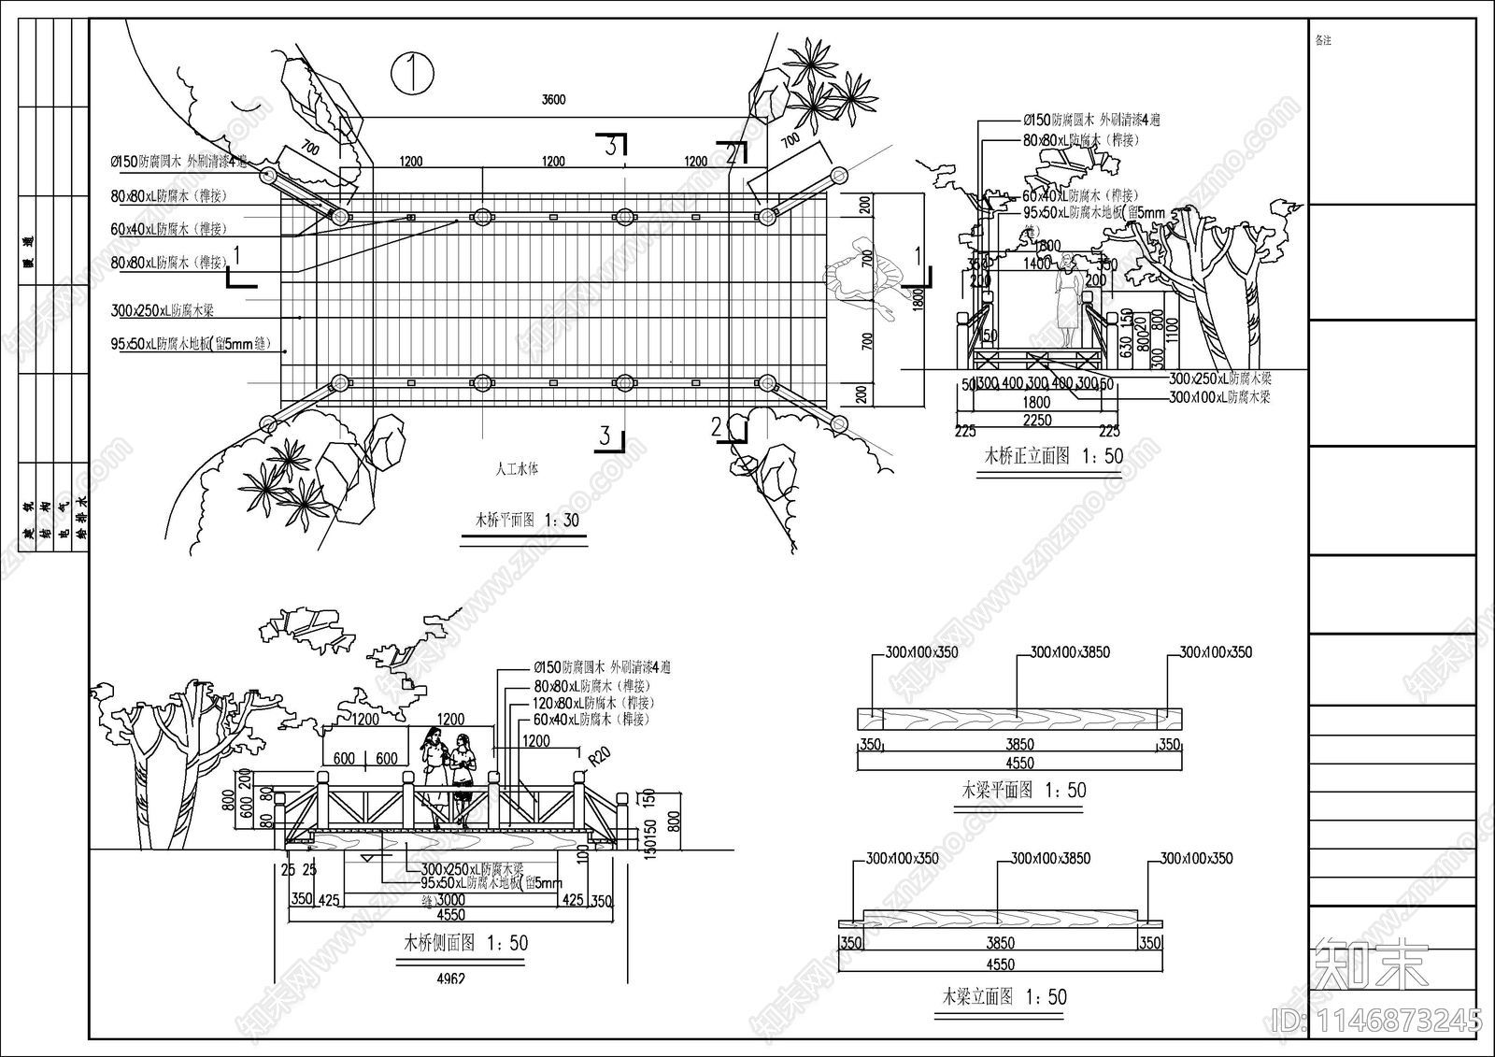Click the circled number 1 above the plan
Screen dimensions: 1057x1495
click(x=412, y=73)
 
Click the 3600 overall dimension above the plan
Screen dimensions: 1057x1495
click(x=553, y=100)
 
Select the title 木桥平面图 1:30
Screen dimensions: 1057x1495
click(x=527, y=521)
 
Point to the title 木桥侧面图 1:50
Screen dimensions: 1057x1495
click(x=465, y=943)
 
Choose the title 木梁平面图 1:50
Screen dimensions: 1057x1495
click(x=1024, y=791)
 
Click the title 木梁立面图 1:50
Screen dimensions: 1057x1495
click(x=1004, y=997)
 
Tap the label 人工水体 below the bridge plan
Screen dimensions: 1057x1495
click(x=517, y=469)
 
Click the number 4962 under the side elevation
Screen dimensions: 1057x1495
click(x=450, y=979)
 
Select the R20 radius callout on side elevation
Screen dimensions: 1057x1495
click(x=598, y=754)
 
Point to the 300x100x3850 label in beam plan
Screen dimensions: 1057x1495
click(x=1070, y=652)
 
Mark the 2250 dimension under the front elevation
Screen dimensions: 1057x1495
click(x=1036, y=421)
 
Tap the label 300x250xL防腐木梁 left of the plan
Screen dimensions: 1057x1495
click(x=163, y=311)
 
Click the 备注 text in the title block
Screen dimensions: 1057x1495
click(x=1322, y=41)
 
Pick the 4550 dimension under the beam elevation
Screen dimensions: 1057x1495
click(x=1000, y=964)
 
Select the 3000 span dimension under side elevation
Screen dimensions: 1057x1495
click(x=450, y=900)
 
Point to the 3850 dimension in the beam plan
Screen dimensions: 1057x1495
click(x=1019, y=744)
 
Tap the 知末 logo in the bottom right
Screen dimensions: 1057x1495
click(x=1372, y=964)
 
